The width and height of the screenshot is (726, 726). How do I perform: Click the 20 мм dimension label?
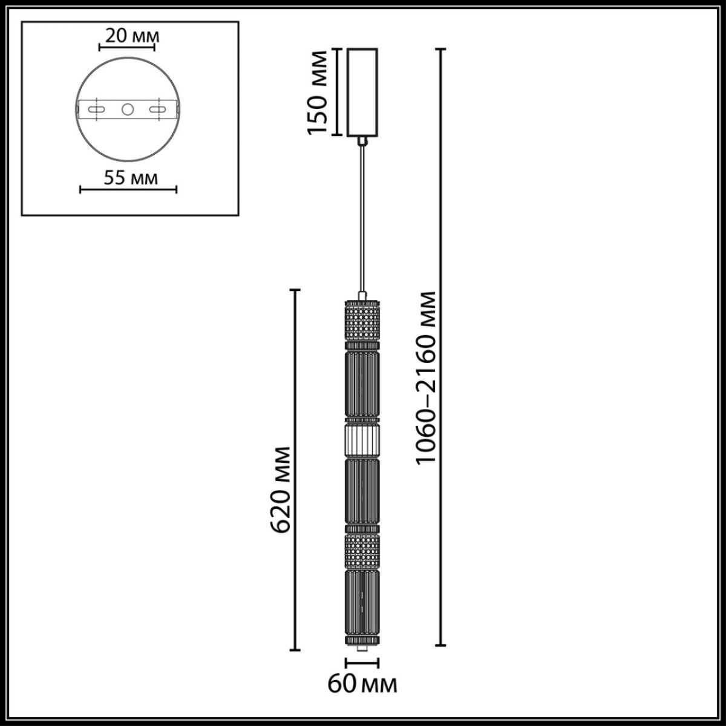(x=128, y=35)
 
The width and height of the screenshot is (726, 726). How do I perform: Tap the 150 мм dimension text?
(x=318, y=92)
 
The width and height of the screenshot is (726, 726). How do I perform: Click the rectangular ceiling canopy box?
(x=361, y=92)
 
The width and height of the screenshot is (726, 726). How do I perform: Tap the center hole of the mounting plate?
(x=128, y=110)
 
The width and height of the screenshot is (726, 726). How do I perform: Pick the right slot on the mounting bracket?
(x=159, y=110)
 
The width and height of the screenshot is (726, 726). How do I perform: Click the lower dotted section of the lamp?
(x=362, y=551)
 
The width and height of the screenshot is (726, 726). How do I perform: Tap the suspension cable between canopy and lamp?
(x=362, y=218)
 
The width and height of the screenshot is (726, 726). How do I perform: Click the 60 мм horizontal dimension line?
(x=362, y=664)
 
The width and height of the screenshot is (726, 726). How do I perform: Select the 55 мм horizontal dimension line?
(x=128, y=190)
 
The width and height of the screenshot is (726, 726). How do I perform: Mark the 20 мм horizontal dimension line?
(x=128, y=47)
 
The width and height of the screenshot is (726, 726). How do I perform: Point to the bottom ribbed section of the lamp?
(x=362, y=602)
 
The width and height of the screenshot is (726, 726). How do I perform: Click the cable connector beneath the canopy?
(x=362, y=141)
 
